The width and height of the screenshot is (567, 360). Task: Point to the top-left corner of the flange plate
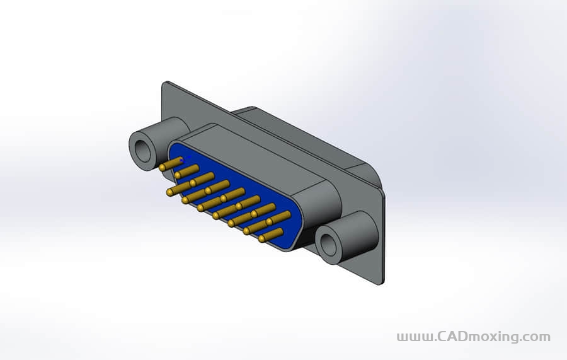pyautogui.click(x=166, y=84)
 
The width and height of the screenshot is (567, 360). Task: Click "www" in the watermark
pyautogui.click(x=413, y=337)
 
